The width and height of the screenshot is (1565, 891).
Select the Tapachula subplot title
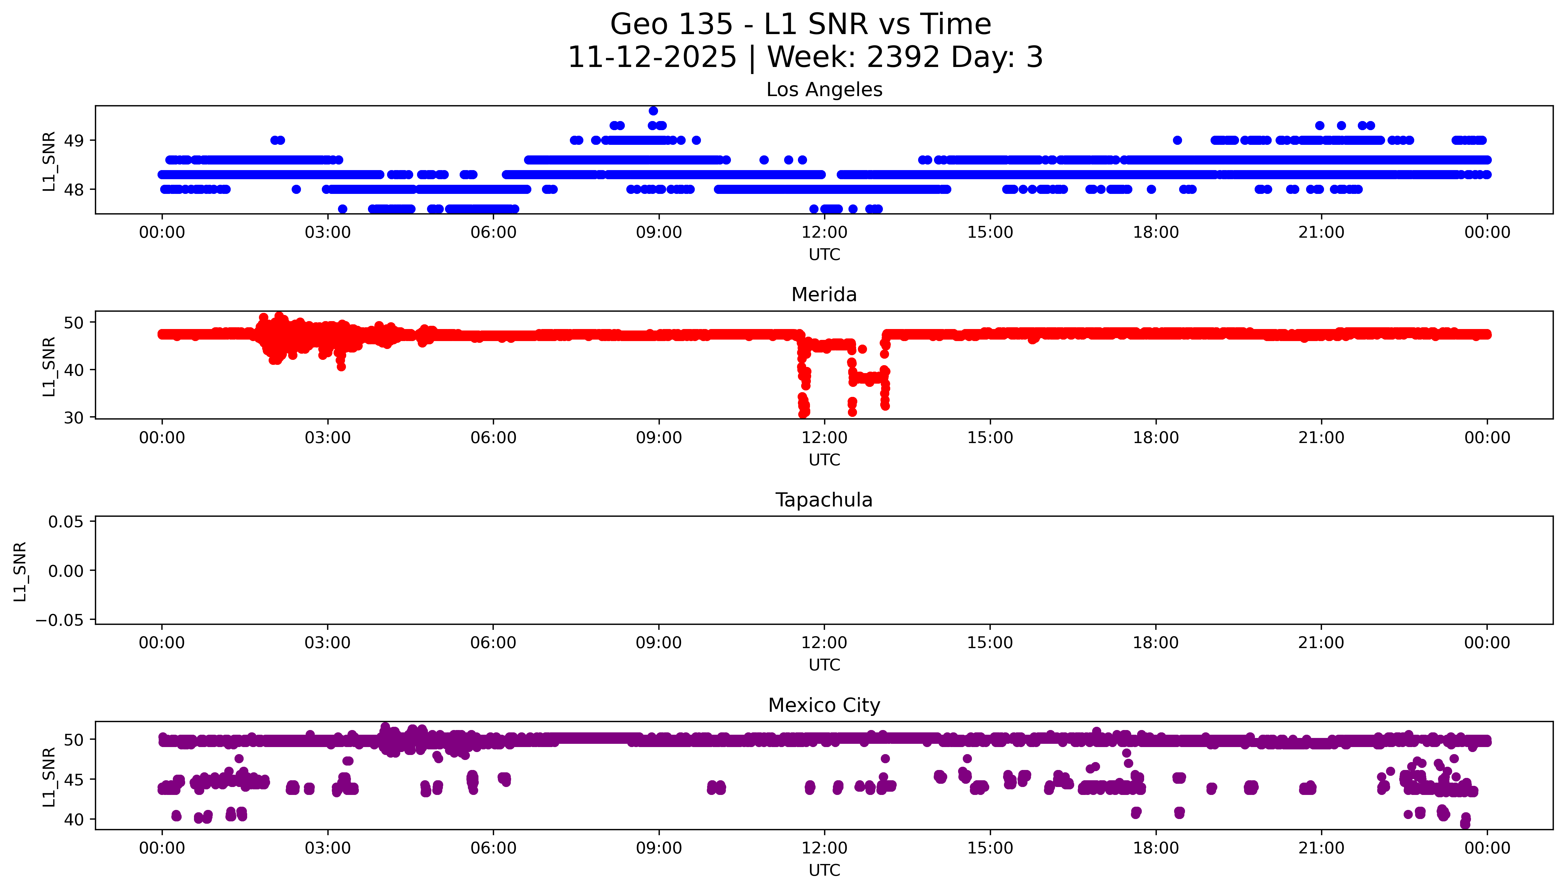pyautogui.click(x=824, y=500)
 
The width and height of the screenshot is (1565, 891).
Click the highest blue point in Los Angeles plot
pyautogui.click(x=653, y=111)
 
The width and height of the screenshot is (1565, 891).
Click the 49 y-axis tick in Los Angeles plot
pyautogui.click(x=74, y=141)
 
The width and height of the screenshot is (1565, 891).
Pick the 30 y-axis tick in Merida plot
pyautogui.click(x=74, y=418)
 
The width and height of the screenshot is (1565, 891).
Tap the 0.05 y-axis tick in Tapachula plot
pyautogui.click(x=66, y=522)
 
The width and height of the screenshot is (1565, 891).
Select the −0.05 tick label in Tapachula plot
pyautogui.click(x=59, y=620)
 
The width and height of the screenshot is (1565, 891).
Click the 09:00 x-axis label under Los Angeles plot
pyautogui.click(x=659, y=233)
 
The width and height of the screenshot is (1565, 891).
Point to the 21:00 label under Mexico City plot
pyautogui.click(x=1321, y=848)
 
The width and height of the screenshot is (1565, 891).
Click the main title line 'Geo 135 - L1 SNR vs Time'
pyautogui.click(x=801, y=24)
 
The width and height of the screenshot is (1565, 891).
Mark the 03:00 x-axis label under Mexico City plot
pyautogui.click(x=327, y=848)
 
